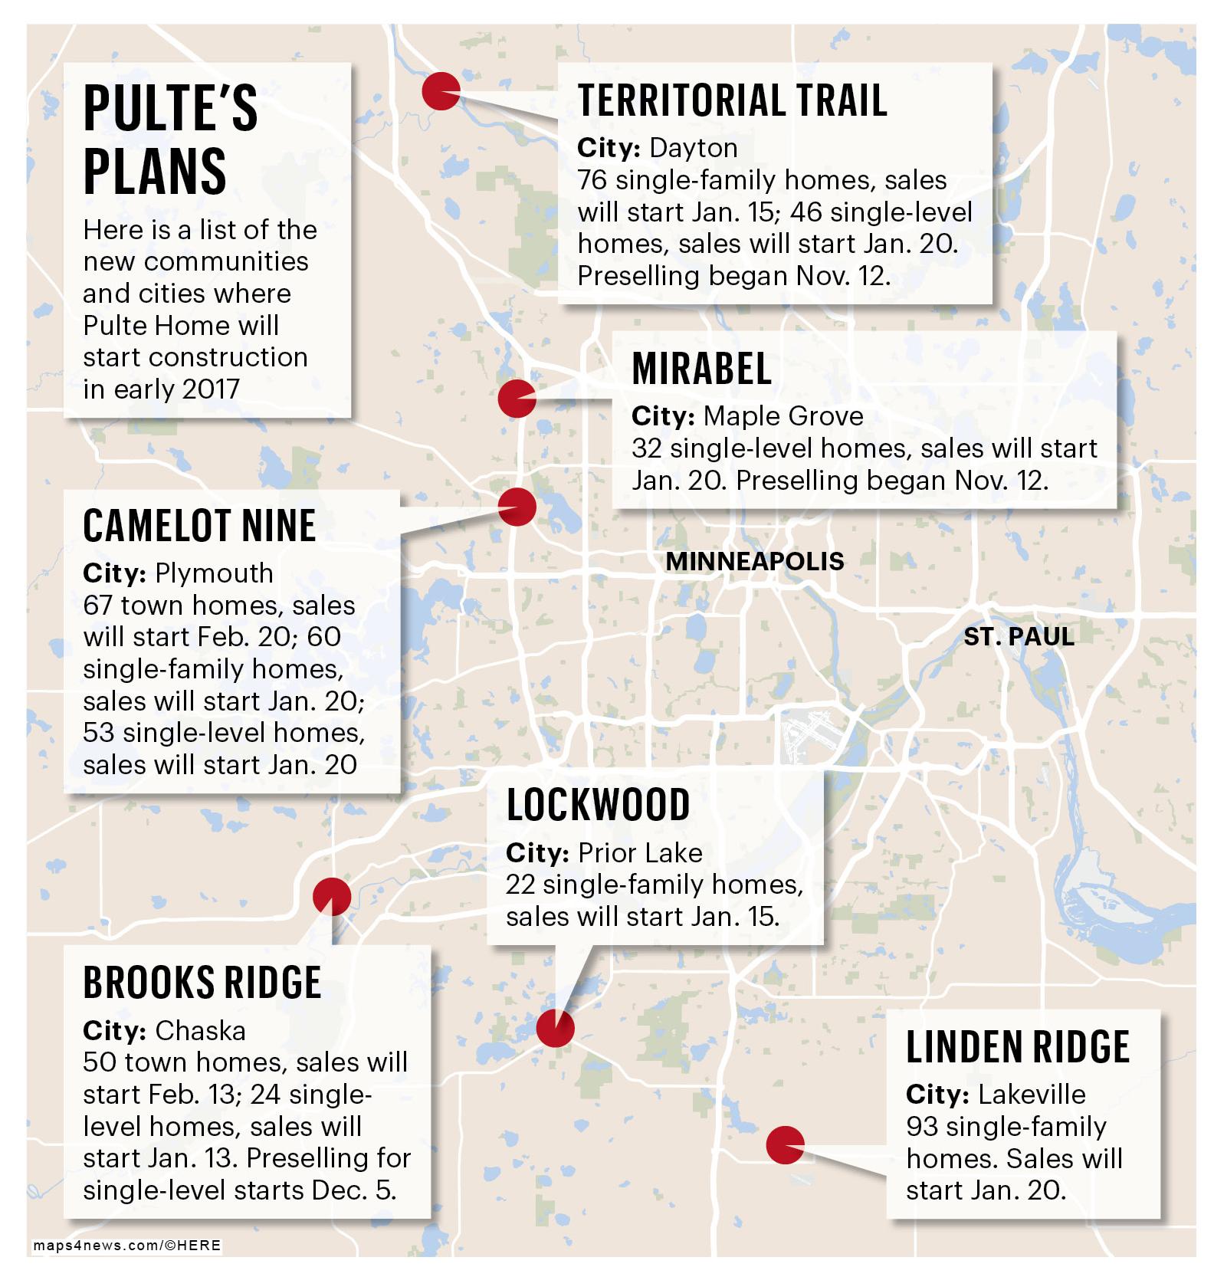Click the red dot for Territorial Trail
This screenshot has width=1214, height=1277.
[x=441, y=91]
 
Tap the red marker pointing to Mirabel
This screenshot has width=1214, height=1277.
[x=517, y=398]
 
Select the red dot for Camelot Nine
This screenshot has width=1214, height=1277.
[x=517, y=507]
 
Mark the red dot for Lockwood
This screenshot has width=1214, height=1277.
[x=555, y=1028]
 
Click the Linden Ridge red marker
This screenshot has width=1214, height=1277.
[x=785, y=1146]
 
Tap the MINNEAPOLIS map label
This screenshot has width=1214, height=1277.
[x=754, y=561]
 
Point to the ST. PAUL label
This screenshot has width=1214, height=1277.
[x=1019, y=636]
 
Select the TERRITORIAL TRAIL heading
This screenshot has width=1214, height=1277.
[x=732, y=100]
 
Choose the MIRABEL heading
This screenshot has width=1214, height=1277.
[x=701, y=369]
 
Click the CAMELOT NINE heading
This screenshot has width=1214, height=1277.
[x=199, y=526]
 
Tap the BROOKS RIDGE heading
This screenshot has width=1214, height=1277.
[x=202, y=982]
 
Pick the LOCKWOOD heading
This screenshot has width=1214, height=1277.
[x=598, y=805]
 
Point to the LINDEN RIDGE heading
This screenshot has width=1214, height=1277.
[x=1017, y=1046]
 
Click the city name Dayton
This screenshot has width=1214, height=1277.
[x=693, y=147]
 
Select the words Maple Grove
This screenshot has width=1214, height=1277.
[x=783, y=415]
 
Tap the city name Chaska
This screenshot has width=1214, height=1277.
[x=200, y=1030]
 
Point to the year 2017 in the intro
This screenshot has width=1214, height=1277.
[x=211, y=389]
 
